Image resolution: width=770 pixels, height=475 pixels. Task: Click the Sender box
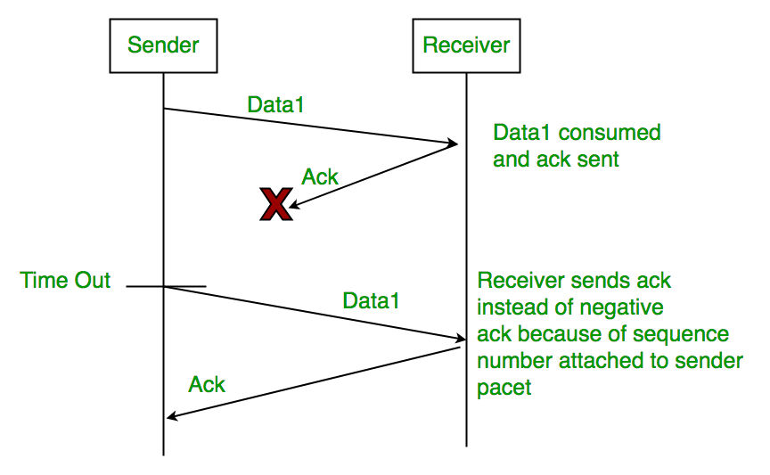[163, 45]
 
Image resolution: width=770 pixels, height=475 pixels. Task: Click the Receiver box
[466, 45]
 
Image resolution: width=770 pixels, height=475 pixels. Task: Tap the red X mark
[276, 204]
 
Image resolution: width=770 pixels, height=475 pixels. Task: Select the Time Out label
[65, 281]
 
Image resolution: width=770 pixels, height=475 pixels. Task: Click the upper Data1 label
[275, 104]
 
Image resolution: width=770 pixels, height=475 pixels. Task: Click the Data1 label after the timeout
[371, 300]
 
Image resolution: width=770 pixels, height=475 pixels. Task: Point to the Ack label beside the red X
[320, 176]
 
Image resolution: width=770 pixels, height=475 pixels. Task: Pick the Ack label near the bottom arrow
[207, 385]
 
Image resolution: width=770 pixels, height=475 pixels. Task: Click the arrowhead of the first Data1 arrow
[453, 143]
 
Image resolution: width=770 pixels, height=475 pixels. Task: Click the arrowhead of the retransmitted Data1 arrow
[461, 338]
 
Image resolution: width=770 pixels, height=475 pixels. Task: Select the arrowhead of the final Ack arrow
[172, 416]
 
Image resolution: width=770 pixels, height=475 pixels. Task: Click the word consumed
[610, 133]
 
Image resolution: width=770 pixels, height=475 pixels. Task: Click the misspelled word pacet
[504, 388]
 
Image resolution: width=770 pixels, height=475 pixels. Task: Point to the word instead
[508, 307]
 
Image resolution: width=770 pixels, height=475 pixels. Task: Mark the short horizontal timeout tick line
[166, 286]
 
